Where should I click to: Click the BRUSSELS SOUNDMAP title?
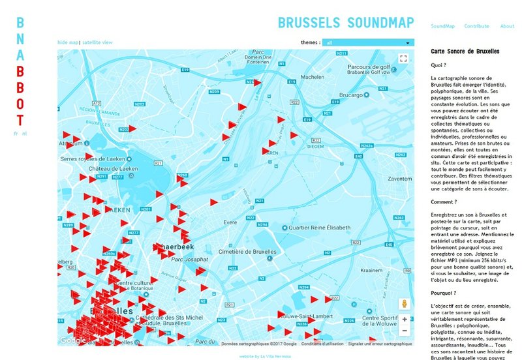coord(346,23)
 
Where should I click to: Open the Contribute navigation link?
coord(476,26)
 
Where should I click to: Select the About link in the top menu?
coord(507,26)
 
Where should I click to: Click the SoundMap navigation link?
coord(442,26)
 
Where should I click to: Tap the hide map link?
coord(67,42)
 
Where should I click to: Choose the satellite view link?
coord(97,42)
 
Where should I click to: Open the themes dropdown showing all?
coord(369,42)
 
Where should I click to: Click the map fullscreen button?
coord(403,59)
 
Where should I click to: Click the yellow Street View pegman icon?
coord(405,304)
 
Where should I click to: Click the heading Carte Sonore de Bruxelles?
coord(465,50)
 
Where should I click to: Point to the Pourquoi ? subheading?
coord(444,293)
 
